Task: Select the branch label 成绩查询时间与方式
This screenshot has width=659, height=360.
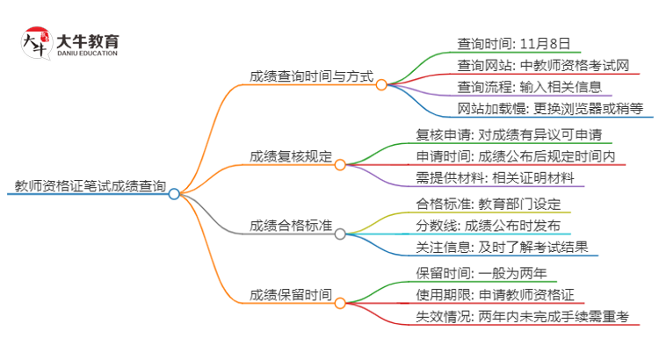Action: click(312, 78)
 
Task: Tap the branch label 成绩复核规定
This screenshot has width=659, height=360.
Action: click(291, 157)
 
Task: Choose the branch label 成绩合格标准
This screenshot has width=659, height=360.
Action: click(291, 226)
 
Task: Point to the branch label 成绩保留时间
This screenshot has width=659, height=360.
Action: click(291, 294)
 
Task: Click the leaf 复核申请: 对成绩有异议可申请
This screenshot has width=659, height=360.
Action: click(508, 135)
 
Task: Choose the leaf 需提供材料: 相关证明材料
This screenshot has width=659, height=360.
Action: click(496, 178)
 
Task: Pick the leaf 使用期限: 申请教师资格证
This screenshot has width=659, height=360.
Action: click(495, 294)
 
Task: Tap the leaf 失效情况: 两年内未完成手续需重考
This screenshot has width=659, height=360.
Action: click(522, 316)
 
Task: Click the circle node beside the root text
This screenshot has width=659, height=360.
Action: click(174, 194)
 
